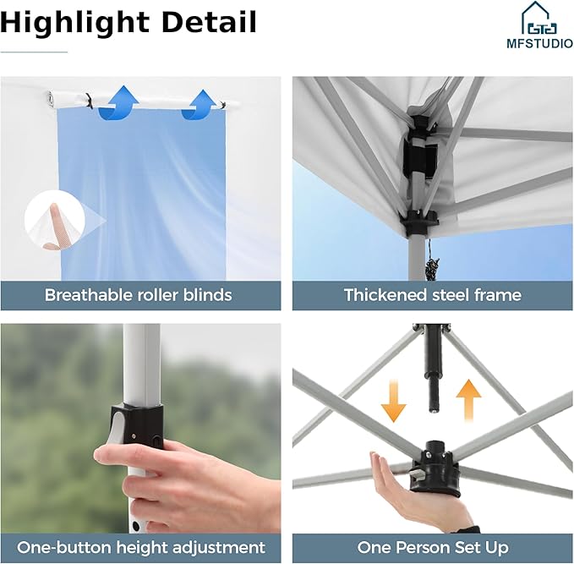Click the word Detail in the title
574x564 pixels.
coord(209,22)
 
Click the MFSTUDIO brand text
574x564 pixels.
coord(539,44)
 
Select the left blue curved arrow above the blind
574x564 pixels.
coord(118,103)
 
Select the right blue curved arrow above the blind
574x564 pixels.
coord(200,105)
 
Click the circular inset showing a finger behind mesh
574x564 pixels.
coord(55,220)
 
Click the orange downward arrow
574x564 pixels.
coord(394,401)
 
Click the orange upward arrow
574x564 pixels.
coord(468,400)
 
